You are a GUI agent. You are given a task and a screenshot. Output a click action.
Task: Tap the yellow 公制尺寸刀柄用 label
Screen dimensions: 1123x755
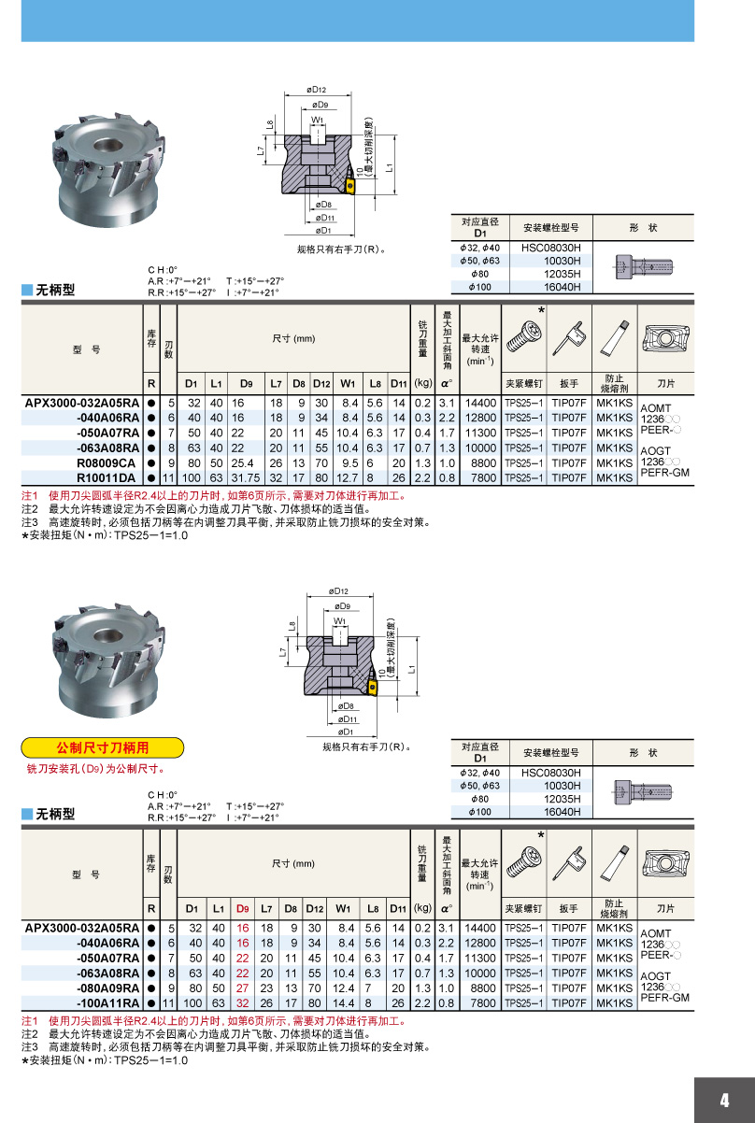pos(103,747)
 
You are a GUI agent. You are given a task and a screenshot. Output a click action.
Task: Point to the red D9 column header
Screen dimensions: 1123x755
pos(243,907)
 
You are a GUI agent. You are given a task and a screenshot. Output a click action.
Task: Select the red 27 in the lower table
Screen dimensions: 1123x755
pos(243,988)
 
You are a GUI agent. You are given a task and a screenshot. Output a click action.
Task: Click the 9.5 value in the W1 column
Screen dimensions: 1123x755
pos(350,462)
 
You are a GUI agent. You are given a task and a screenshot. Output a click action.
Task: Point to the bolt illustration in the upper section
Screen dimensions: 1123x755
pos(645,267)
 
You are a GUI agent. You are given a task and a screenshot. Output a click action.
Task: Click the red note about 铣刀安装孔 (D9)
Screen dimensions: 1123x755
pos(95,769)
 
